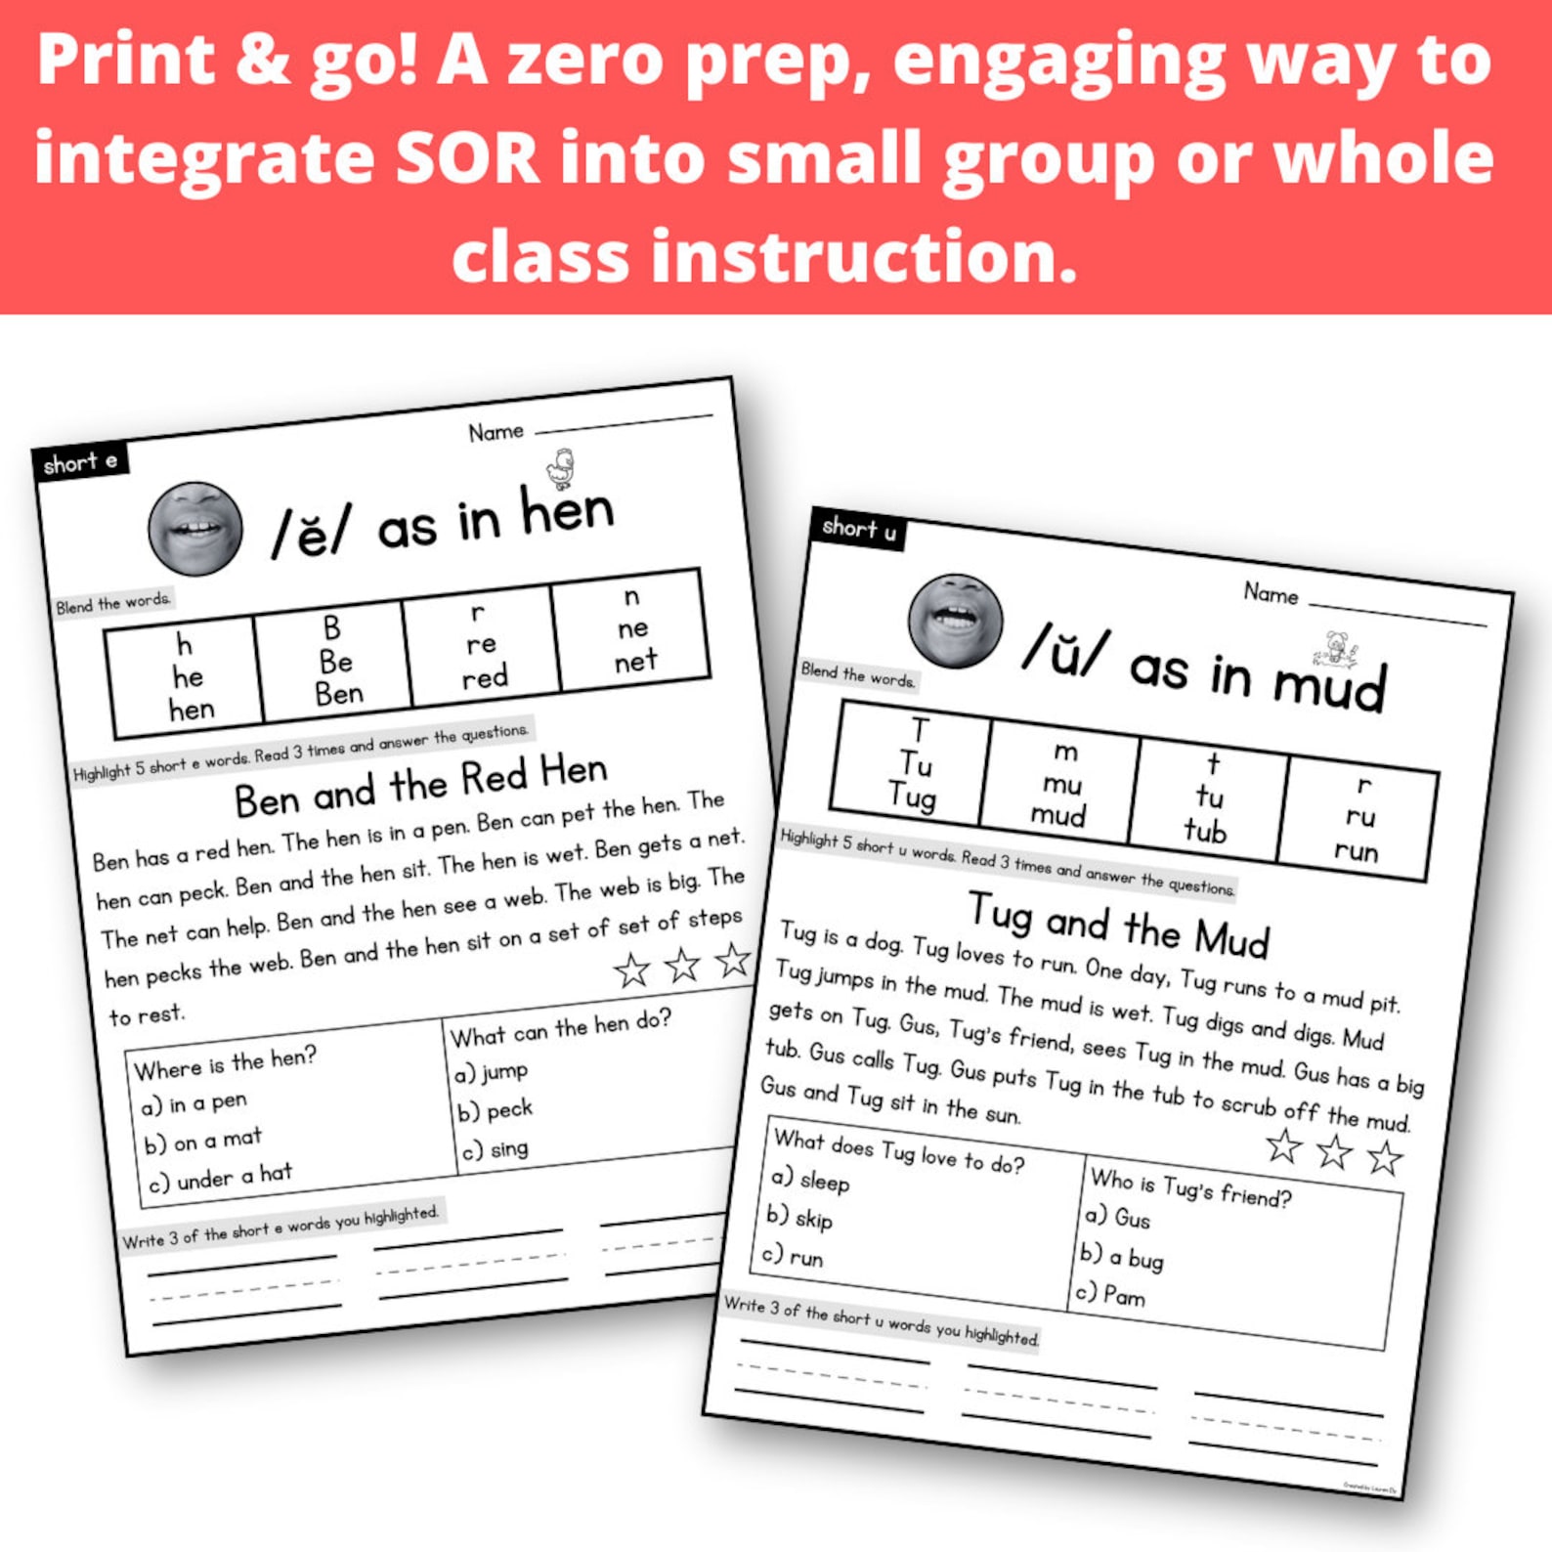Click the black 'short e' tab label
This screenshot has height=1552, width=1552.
point(80,461)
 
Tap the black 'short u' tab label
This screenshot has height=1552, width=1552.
point(858,530)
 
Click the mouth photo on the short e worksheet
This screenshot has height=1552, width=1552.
point(195,528)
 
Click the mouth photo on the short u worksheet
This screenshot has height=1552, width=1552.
point(955,620)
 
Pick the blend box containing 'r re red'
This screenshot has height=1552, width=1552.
point(482,644)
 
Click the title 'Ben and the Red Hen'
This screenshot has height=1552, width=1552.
point(421,786)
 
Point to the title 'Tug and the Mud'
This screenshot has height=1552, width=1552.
point(1118,924)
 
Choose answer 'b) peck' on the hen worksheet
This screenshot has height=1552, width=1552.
point(496,1110)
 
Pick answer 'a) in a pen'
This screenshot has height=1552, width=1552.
point(194,1103)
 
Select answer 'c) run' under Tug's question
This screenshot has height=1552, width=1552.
point(793,1256)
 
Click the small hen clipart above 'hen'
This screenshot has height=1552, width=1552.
point(561,468)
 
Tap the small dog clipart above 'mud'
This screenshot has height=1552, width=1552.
point(1336,647)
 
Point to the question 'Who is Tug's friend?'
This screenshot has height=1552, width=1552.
point(1190,1186)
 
